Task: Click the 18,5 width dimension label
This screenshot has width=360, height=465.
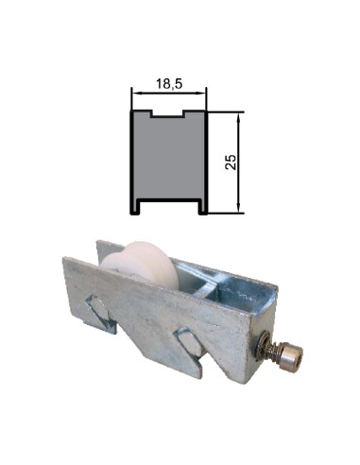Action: tap(168, 83)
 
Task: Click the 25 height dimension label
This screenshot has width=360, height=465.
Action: tap(230, 160)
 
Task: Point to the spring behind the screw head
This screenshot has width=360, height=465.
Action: tap(275, 349)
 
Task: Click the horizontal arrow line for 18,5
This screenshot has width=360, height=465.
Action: tap(168, 94)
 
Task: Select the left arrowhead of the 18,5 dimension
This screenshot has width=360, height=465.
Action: tap(134, 94)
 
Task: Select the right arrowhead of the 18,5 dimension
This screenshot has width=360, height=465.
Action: tap(202, 94)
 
